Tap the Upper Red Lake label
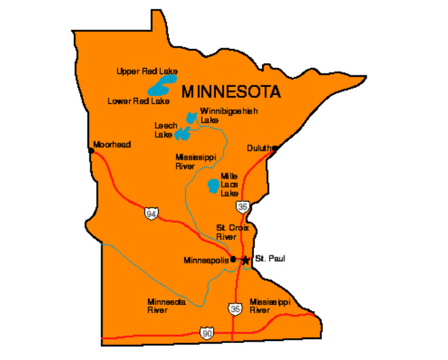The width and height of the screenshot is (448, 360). tap(146, 71)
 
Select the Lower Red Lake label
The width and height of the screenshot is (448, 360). tap(138, 101)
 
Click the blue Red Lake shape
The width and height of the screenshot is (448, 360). tap(161, 87)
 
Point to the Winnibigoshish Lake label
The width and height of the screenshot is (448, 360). tap(219, 115)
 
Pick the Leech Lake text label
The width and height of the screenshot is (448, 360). tap(166, 130)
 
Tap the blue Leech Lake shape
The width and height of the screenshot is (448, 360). tap(183, 133)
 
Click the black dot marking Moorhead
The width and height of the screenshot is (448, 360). tap(91, 150)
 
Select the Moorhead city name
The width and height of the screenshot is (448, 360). tap(112, 145)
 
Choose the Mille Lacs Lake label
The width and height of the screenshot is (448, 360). tap(229, 184)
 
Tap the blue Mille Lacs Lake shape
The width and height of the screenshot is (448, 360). tap(213, 185)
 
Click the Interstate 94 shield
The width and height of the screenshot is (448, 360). tap(151, 214)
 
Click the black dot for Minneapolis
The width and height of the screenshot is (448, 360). tap(232, 259)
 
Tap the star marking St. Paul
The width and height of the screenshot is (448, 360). tap(245, 259)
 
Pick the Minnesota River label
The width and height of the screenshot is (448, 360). tap(166, 306)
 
